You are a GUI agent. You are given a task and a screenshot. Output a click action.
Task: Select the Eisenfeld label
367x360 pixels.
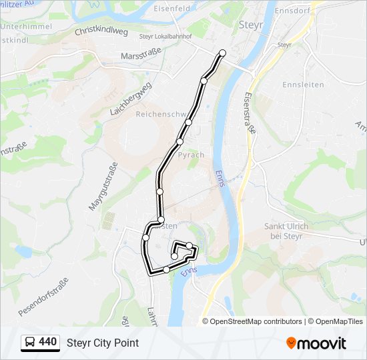pyautogui.click(x=191, y=9)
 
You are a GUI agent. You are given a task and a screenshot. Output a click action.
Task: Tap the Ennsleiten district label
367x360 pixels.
pyautogui.click(x=303, y=85)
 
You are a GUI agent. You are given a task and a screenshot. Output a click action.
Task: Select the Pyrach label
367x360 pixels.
pyautogui.click(x=191, y=155)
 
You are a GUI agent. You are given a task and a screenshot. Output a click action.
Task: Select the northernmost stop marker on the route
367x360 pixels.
pyautogui.click(x=222, y=53)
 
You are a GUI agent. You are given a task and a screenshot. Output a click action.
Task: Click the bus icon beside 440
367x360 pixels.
pyautogui.click(x=30, y=343)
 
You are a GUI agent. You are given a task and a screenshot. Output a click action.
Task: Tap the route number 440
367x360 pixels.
pyautogui.click(x=48, y=342)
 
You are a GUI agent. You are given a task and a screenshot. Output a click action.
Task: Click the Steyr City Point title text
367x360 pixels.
pyautogui.click(x=103, y=343)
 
